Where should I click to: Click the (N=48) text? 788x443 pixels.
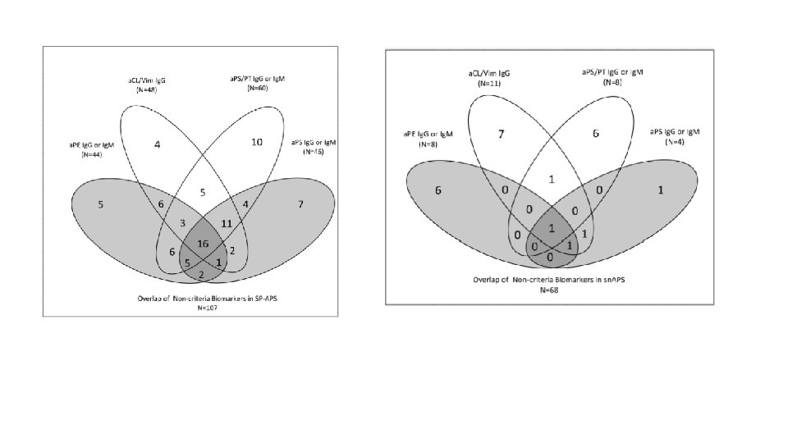pyautogui.click(x=147, y=89)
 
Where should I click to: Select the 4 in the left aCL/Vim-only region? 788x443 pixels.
pyautogui.click(x=158, y=145)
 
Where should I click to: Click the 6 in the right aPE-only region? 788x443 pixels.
pyautogui.click(x=439, y=190)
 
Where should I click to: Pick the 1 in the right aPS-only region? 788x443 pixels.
pyautogui.click(x=661, y=191)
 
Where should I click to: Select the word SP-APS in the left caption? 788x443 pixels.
pyautogui.click(x=264, y=297)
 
